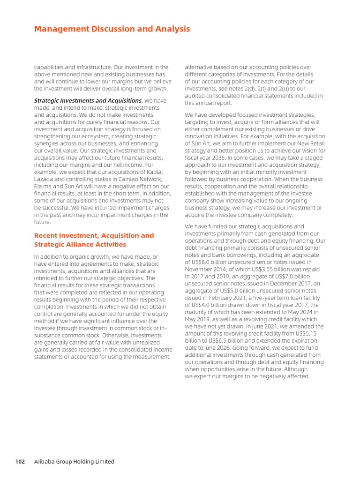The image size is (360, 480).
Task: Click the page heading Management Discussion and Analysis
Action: pyautogui.click(x=112, y=29)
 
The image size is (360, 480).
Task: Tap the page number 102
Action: pyautogui.click(x=20, y=462)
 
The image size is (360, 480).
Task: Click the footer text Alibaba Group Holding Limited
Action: pyautogui.click(x=74, y=462)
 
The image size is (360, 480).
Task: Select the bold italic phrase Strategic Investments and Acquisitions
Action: pyautogui.click(x=88, y=100)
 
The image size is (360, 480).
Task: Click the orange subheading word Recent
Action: pyautogui.click(x=47, y=235)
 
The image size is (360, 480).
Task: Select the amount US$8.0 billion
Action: pyautogui.click(x=215, y=262)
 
